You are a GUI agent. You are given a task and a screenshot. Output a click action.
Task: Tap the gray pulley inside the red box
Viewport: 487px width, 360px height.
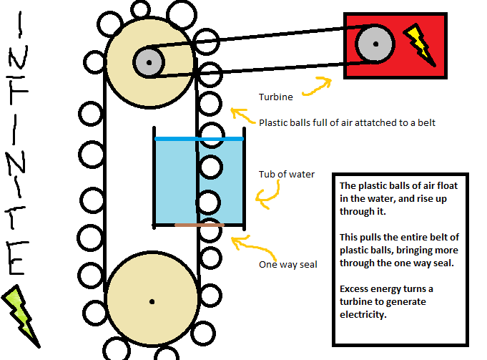point(375,44)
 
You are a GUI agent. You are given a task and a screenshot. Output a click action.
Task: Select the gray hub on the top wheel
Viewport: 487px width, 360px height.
point(149,62)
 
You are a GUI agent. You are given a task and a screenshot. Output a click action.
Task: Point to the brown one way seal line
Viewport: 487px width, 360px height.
point(200,225)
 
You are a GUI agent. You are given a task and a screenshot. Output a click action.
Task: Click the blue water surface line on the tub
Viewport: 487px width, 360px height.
point(200,139)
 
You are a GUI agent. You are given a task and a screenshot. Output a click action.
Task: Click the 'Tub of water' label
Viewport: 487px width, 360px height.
point(287,174)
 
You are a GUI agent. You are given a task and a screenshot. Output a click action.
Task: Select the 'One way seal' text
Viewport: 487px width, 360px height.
point(287,265)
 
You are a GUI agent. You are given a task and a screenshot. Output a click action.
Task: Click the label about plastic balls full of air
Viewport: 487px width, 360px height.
point(347,122)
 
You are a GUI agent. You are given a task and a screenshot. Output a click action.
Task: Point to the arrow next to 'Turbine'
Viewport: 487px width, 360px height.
point(317,86)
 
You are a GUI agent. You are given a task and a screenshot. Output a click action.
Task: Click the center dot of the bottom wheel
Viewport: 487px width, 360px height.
point(152,301)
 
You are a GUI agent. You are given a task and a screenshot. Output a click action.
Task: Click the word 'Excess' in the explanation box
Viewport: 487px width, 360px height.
point(356,288)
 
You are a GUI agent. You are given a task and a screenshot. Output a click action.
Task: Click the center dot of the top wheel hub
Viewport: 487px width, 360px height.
point(149,62)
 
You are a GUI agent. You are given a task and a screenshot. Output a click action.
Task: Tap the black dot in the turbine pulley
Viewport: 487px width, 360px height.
point(375,44)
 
